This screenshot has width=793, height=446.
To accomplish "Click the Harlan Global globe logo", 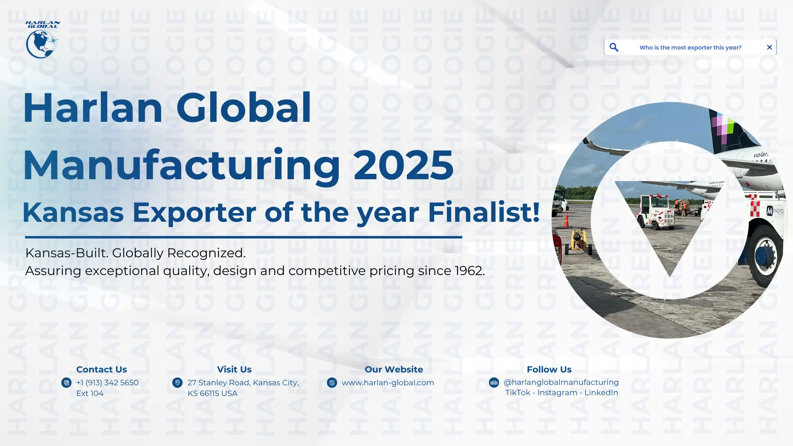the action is pyautogui.click(x=43, y=40).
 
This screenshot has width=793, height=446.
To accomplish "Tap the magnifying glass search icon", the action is pyautogui.click(x=614, y=47).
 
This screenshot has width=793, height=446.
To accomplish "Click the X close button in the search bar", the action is pyautogui.click(x=769, y=47).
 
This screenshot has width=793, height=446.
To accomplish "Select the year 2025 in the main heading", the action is pyautogui.click(x=404, y=165).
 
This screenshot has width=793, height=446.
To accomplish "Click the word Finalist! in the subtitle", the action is pyautogui.click(x=484, y=212).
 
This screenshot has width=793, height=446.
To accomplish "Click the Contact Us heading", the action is pyautogui.click(x=102, y=370).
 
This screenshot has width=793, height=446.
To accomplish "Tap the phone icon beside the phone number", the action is pyautogui.click(x=66, y=383).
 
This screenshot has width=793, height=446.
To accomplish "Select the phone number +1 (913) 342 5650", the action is pyautogui.click(x=107, y=383).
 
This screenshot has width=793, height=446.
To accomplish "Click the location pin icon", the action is pyautogui.click(x=177, y=383).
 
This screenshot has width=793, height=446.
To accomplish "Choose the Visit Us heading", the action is pyautogui.click(x=234, y=370).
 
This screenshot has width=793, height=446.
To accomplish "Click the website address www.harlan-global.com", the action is pyautogui.click(x=388, y=383).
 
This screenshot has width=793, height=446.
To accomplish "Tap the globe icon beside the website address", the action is pyautogui.click(x=332, y=383).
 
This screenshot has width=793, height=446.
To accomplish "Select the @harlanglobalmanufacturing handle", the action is pyautogui.click(x=561, y=382).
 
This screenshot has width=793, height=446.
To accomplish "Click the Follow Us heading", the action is pyautogui.click(x=549, y=370).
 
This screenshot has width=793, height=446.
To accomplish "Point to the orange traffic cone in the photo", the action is pyautogui.click(x=566, y=219).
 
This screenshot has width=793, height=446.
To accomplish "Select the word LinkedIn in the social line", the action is pyautogui.click(x=601, y=393).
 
